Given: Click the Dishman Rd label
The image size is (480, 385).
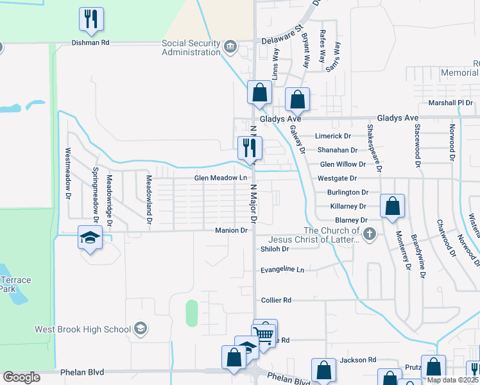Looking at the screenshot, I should click(91, 43).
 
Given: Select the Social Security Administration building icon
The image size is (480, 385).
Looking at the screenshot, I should click(230, 46).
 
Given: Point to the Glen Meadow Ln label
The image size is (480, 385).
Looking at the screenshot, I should click(221, 178).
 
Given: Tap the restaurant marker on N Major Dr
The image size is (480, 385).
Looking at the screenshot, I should click(248, 148).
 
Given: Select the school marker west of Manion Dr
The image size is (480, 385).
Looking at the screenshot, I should click(90, 237).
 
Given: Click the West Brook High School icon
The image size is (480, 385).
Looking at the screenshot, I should click(139, 330).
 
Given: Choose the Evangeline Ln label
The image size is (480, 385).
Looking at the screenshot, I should click(282, 270).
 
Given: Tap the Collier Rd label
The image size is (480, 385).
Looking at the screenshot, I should click(277, 300).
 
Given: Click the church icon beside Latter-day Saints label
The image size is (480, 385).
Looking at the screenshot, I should click(369, 234).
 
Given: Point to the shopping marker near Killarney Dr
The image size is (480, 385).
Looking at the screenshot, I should click(392, 207).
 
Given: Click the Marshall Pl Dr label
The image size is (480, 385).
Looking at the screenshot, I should click(450, 103).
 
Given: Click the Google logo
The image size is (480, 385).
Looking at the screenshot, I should click(21, 377).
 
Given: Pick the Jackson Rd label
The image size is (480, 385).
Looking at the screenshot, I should click(363, 360).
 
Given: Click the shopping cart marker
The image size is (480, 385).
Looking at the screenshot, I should click(264, 332).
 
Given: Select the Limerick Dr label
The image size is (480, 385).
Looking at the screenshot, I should click(334, 136).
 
